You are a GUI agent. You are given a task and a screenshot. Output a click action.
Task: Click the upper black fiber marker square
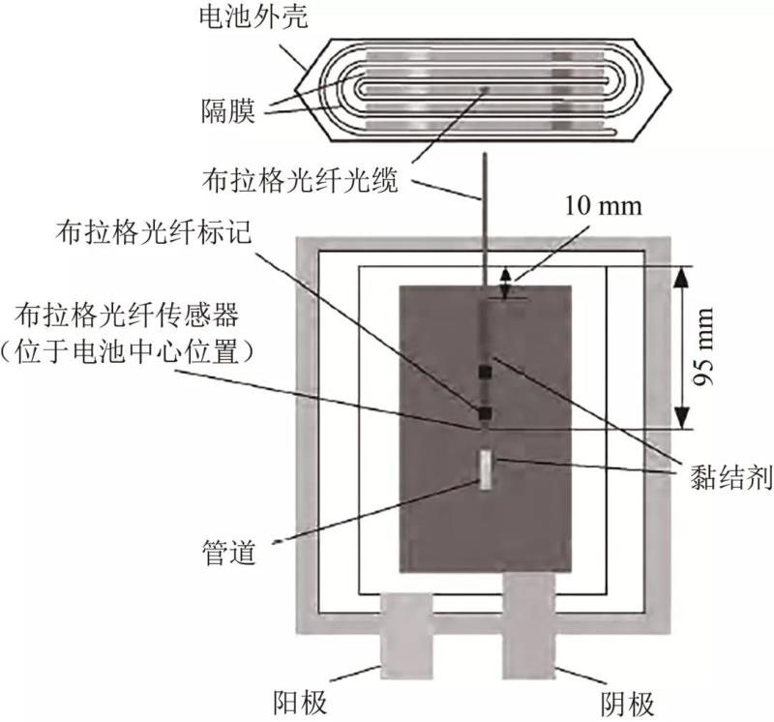click(486, 371)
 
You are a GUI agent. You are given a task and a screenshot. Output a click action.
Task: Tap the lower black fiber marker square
click(486, 414)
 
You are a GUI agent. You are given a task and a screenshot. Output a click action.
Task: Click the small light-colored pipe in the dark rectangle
click(486, 467)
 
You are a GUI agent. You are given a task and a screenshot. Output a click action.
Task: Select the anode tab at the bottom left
click(405, 634)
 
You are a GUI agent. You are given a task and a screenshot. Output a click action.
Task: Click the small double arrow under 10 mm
click(505, 283)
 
